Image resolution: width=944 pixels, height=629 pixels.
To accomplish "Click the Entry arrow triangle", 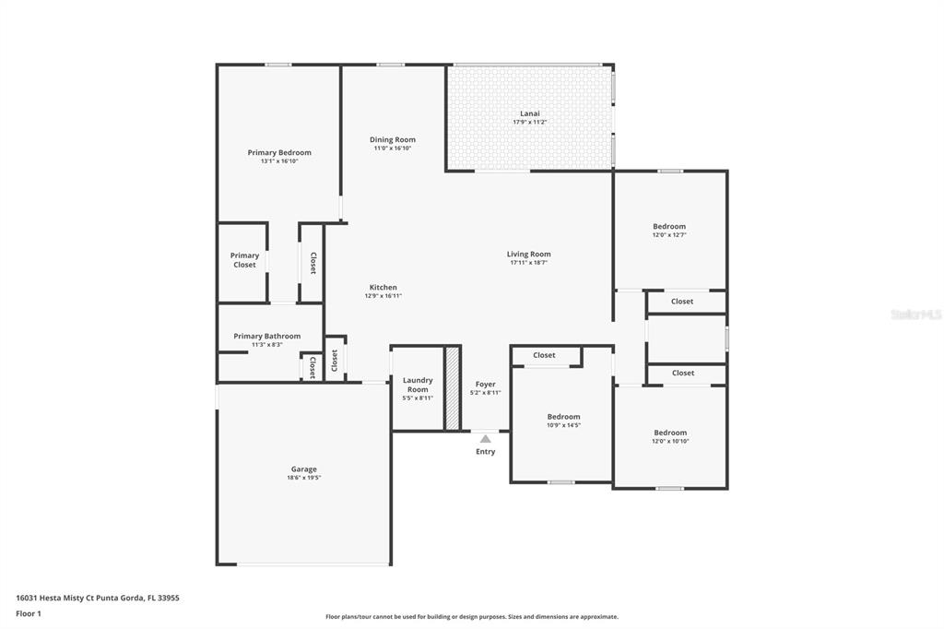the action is tap(485, 439).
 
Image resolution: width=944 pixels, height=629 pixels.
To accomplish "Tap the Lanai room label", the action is tap(530, 113).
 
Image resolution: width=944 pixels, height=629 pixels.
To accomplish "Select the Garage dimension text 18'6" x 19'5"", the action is tap(304, 478).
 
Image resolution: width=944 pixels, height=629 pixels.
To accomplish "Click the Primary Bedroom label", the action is tap(279, 152).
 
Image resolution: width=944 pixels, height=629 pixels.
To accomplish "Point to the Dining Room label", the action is tap(393, 140).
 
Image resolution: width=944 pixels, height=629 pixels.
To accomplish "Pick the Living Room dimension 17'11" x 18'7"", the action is tap(528, 263).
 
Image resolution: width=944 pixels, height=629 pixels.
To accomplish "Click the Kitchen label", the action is tap(383, 288).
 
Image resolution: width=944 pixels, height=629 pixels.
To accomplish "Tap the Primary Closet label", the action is tap(244, 260).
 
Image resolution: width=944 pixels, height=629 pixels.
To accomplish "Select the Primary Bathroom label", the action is tap(267, 337).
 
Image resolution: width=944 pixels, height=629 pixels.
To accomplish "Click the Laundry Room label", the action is tap(418, 385).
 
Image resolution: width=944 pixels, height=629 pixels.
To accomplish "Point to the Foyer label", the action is tap(485, 384).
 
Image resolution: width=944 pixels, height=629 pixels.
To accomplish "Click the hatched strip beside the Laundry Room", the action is tap(452, 388).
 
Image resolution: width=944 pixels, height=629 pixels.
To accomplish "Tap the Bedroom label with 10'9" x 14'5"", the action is tap(563, 417).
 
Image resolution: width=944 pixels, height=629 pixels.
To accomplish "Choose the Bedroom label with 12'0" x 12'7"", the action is tap(669, 227).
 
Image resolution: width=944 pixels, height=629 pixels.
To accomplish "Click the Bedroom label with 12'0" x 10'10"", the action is tap(670, 433).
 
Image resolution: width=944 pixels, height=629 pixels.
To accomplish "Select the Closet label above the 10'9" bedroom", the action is tap(544, 355).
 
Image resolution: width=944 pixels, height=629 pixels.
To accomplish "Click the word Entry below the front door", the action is tap(485, 452).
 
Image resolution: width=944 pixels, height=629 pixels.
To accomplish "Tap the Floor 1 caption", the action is tap(29, 614).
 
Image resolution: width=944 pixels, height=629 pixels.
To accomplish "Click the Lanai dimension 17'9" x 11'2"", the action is tap(530, 123).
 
